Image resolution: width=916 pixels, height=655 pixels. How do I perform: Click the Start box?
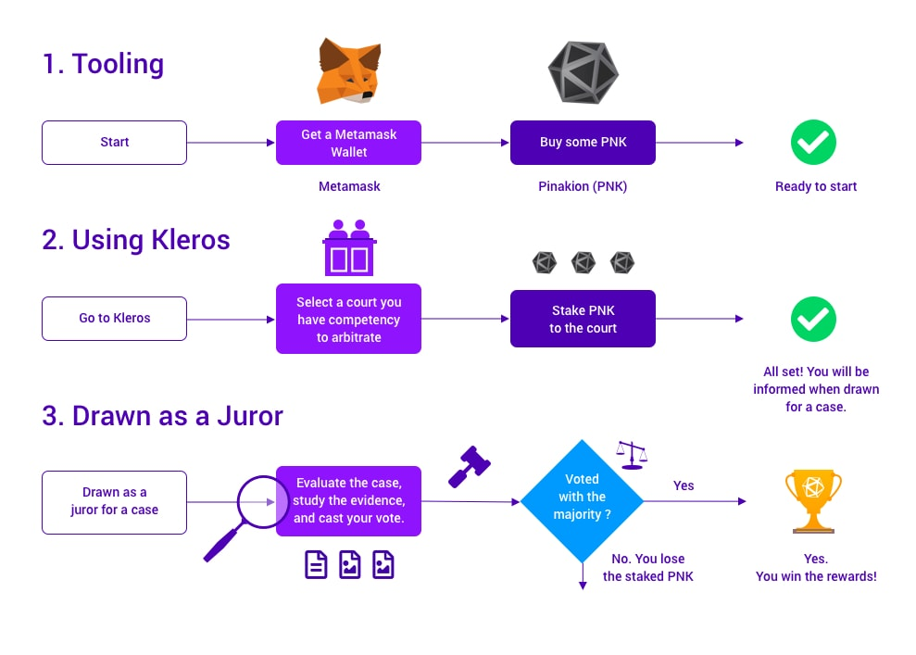tap(114, 143)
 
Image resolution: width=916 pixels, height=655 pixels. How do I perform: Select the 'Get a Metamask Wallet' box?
tap(348, 143)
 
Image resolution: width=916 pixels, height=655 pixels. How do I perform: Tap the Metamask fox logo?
tap(349, 70)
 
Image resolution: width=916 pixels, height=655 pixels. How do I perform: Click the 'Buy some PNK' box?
tap(583, 143)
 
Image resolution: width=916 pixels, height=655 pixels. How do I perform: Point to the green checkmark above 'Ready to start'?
tap(813, 143)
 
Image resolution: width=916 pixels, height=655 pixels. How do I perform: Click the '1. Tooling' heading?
tap(103, 64)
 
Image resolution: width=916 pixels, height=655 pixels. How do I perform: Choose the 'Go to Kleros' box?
tap(114, 318)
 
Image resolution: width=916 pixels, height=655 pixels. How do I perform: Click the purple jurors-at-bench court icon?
tap(348, 247)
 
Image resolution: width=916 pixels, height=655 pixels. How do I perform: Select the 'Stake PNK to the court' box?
tap(583, 319)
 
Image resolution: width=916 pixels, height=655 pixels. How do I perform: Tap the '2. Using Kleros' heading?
tap(136, 240)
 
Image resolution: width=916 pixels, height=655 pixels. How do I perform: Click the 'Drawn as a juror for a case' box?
tap(114, 502)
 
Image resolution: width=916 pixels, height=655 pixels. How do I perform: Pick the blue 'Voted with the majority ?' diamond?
tap(582, 501)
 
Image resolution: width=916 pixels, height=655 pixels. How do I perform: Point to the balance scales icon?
tap(632, 454)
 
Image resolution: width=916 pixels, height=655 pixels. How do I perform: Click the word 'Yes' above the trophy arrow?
tap(684, 485)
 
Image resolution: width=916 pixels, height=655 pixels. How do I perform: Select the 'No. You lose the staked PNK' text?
tap(647, 568)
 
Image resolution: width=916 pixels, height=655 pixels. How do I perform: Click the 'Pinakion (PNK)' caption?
tap(583, 186)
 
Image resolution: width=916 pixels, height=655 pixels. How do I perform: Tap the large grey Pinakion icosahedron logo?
tap(583, 71)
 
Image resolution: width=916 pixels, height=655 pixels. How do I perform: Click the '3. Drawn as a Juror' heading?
tap(162, 415)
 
